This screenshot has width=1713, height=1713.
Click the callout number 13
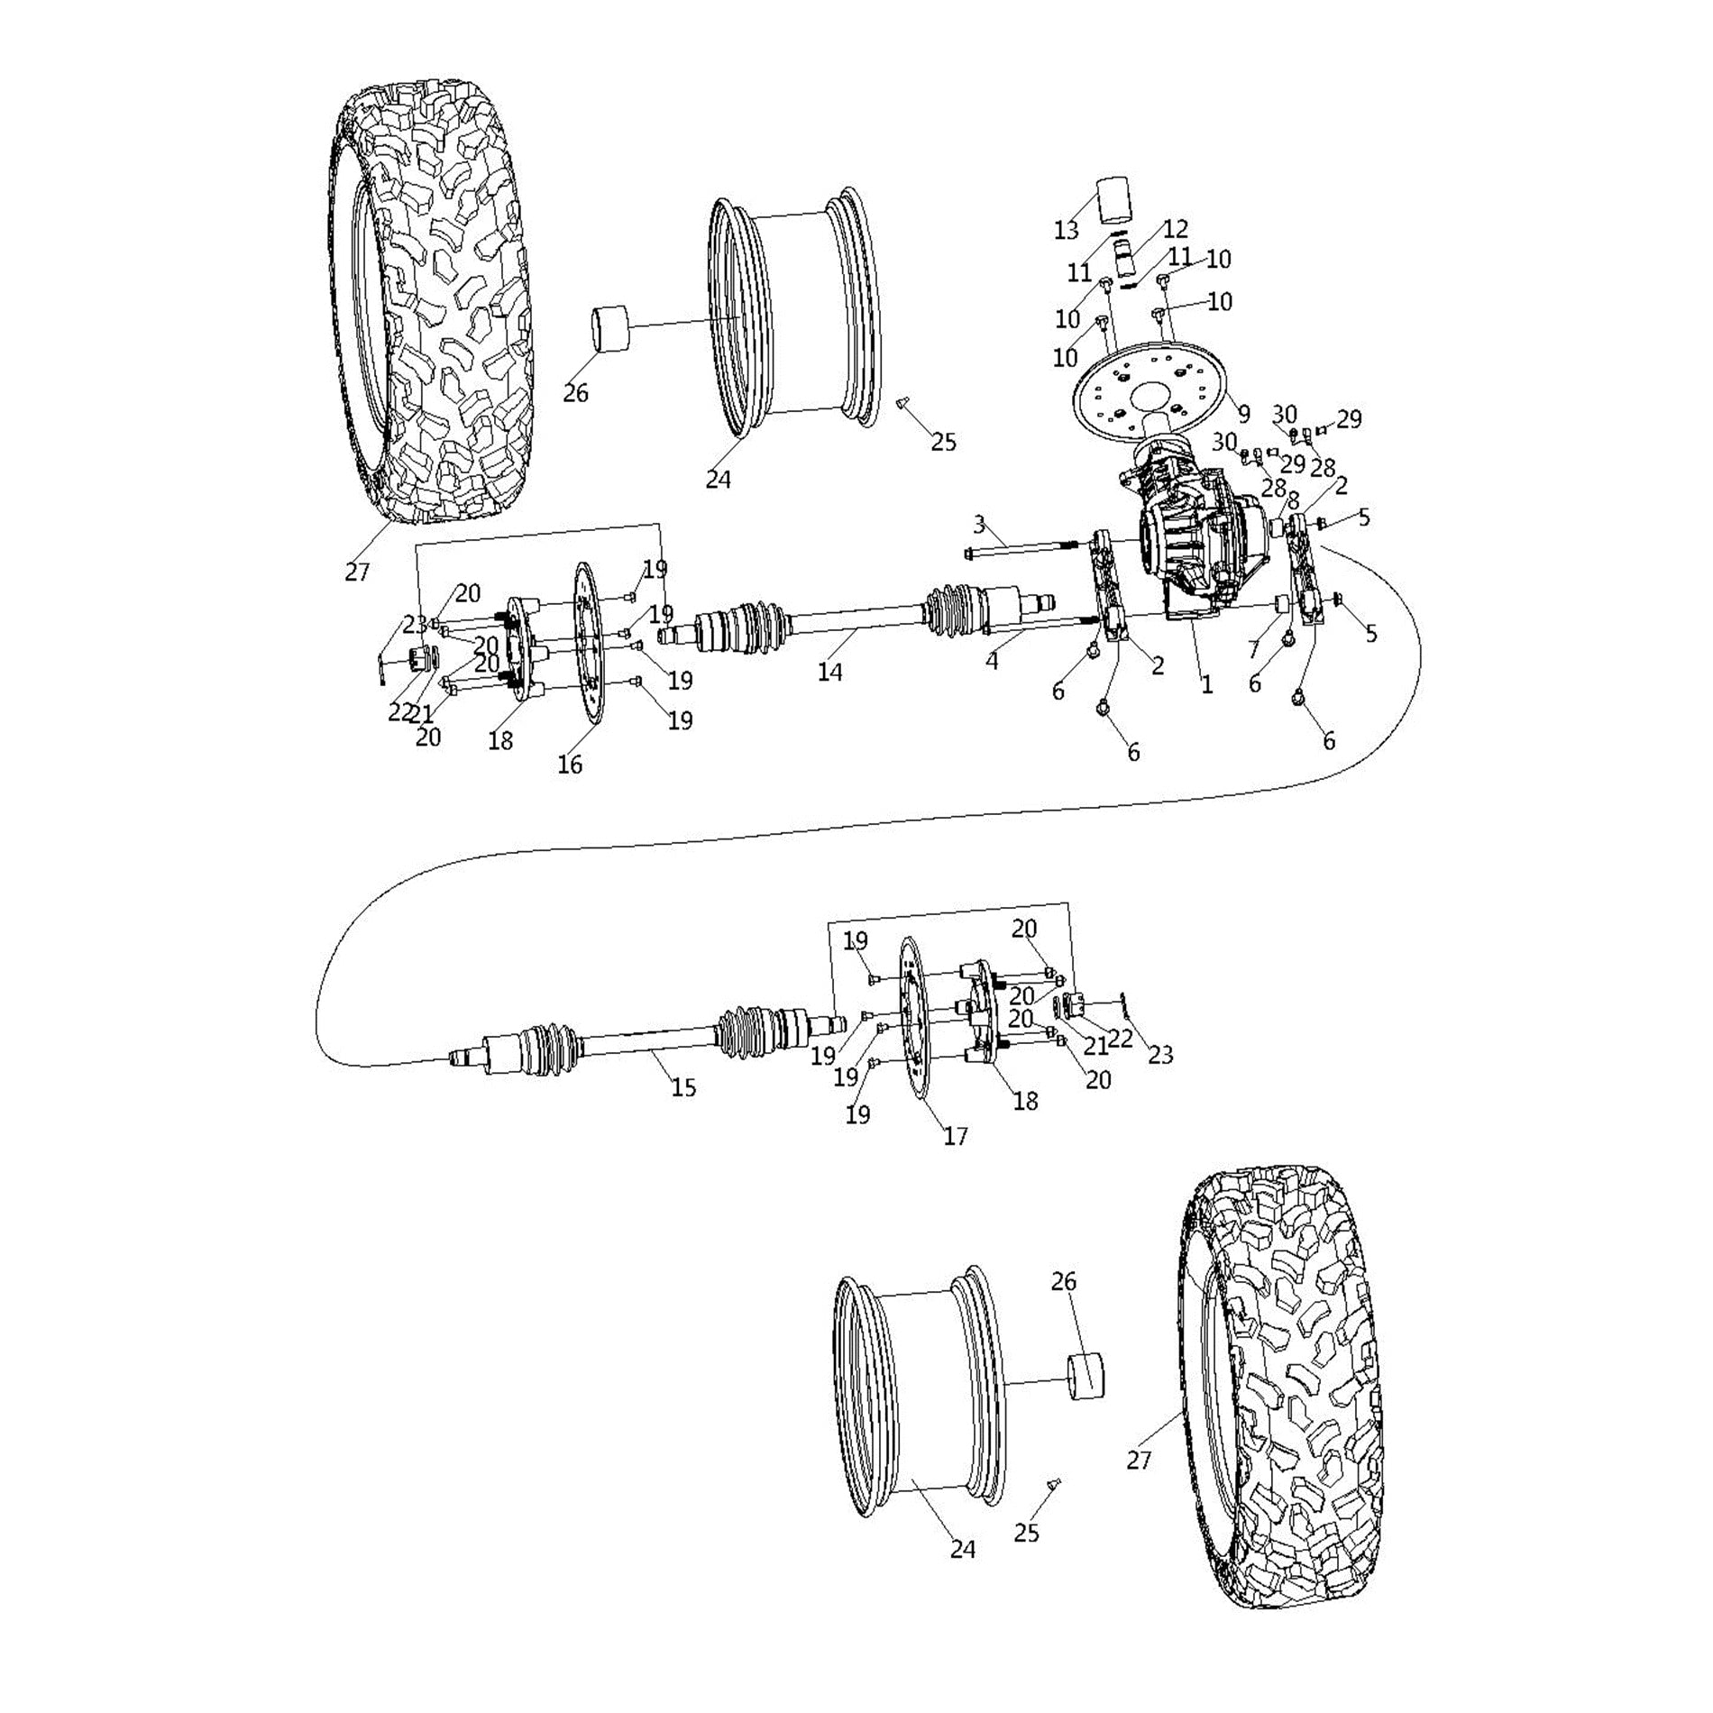(x=1066, y=231)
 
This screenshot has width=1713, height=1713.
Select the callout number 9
(x=1243, y=414)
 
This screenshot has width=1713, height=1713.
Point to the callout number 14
(x=829, y=672)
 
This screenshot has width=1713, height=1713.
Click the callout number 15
(x=683, y=1087)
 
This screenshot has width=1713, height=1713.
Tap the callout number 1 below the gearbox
(x=1206, y=685)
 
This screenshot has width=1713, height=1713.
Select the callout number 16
(x=570, y=765)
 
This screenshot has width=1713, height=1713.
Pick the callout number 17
(x=955, y=1136)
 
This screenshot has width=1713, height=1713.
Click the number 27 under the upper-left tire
(x=357, y=572)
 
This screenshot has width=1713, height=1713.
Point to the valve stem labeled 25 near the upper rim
(x=902, y=408)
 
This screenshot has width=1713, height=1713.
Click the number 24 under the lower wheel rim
(x=963, y=1549)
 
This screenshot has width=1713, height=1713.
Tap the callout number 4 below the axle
(x=992, y=660)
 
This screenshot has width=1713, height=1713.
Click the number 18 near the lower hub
(x=1025, y=1101)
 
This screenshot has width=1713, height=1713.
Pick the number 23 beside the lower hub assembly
(x=1160, y=1054)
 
